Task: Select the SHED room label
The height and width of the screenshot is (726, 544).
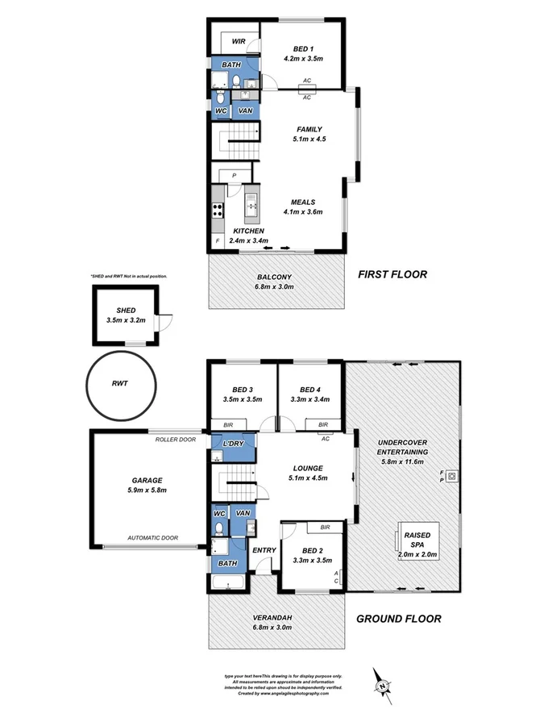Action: pyautogui.click(x=126, y=310)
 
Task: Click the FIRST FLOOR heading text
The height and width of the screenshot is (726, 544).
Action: pyautogui.click(x=392, y=274)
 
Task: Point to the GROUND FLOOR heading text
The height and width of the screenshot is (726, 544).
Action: pyautogui.click(x=398, y=620)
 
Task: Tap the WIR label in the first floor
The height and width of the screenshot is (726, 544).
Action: pyautogui.click(x=239, y=40)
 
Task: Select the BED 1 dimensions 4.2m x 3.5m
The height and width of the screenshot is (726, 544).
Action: pyautogui.click(x=304, y=59)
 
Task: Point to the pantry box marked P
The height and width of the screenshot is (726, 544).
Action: pyautogui.click(x=234, y=174)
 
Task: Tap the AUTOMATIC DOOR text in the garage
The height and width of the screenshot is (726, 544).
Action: pyautogui.click(x=153, y=537)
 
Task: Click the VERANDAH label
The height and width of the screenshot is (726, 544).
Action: pyautogui.click(x=270, y=618)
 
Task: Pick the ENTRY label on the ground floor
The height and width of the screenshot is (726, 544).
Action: pyautogui.click(x=264, y=551)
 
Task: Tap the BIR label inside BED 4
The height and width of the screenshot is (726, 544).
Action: pyautogui.click(x=323, y=424)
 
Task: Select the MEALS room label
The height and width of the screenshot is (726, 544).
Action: pyautogui.click(x=303, y=202)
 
